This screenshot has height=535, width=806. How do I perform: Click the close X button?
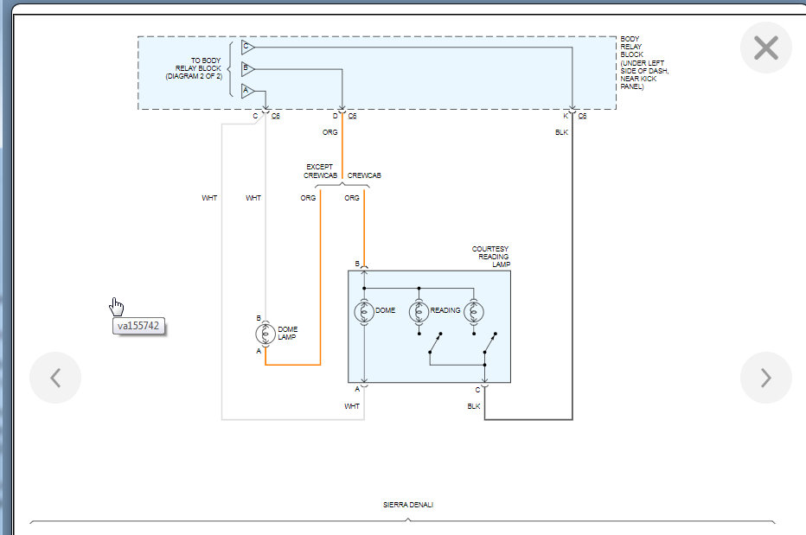tap(766, 48)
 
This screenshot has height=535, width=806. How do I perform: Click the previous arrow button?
tap(55, 378)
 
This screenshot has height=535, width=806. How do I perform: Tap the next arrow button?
tap(765, 378)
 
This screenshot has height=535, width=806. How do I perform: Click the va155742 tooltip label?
tap(138, 327)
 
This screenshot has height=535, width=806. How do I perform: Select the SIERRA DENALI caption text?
tap(408, 505)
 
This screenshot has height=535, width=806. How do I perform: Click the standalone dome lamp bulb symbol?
tap(265, 333)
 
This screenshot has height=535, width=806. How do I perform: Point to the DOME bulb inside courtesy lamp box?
tap(364, 311)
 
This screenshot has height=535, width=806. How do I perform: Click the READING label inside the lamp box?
tap(445, 310)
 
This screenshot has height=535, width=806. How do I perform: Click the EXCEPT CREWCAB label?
tap(320, 170)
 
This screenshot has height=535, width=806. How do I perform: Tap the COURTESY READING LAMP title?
tap(490, 257)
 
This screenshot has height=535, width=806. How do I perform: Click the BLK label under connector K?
tap(561, 132)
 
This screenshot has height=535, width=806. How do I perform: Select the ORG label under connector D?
tap(330, 132)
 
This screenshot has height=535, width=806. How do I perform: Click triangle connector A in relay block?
tap(247, 91)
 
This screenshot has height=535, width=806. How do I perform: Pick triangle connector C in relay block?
tap(247, 47)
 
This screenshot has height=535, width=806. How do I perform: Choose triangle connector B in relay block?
tap(247, 68)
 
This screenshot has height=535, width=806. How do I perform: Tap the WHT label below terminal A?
tap(352, 405)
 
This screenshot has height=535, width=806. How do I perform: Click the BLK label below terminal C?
tap(474, 405)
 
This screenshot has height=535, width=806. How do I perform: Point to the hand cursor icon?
tap(117, 307)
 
